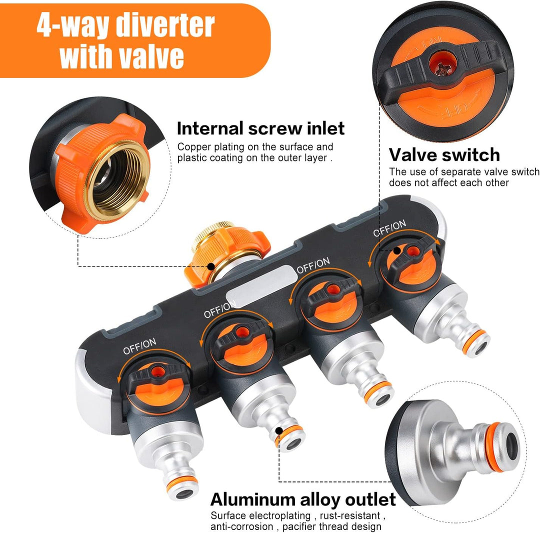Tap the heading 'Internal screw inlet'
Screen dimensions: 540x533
(260, 128)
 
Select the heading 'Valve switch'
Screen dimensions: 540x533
(444, 154)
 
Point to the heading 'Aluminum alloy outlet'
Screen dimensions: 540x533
(303, 499)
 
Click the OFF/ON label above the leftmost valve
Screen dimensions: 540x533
(139, 346)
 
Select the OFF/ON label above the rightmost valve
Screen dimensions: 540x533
(389, 228)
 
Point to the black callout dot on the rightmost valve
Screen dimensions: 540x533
(397, 250)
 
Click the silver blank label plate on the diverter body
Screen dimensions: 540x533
(261, 285)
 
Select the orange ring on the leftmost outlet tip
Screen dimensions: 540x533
(182, 484)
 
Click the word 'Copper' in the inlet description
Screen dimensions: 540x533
(194, 147)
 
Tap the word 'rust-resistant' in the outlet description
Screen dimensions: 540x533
(350, 516)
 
